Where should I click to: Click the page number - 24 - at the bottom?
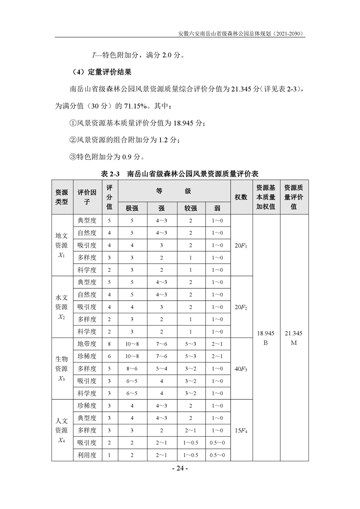pos(180,468)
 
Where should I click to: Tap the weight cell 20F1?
pos(241,245)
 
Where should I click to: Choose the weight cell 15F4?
pos(241,430)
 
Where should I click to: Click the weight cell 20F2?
pos(241,307)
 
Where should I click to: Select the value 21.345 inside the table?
pos(293,333)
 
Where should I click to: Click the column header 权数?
pos(241,197)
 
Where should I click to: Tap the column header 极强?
pos(132,209)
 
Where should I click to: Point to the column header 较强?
pos(190,209)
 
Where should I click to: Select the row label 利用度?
pos(87,455)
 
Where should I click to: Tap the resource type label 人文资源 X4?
pos(62,430)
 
